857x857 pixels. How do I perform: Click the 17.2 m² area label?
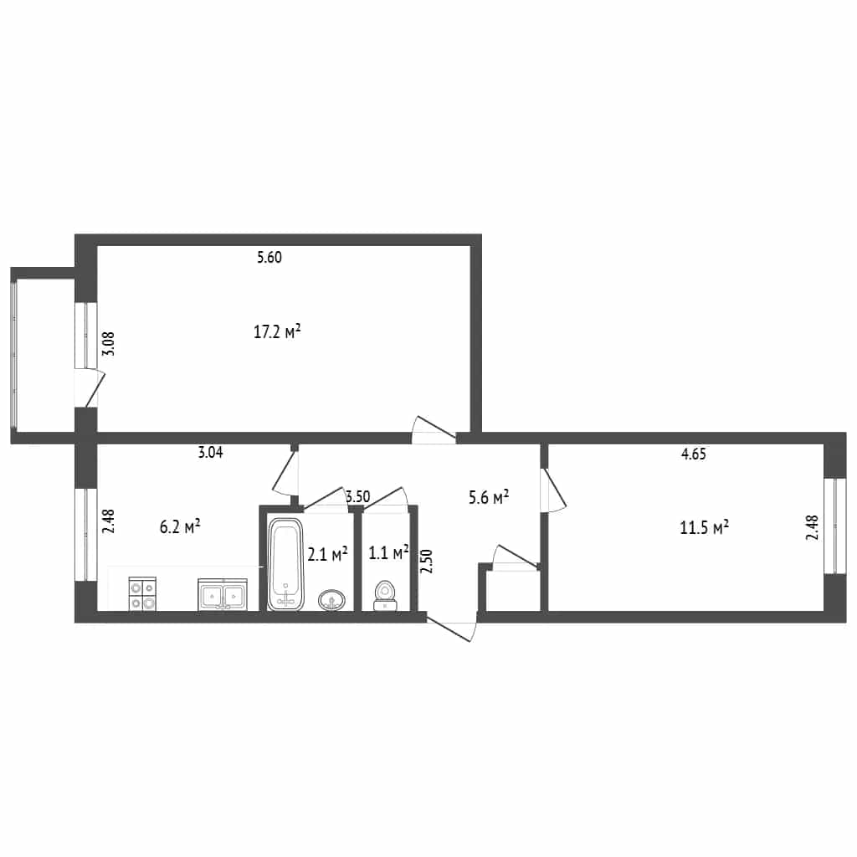click(277, 331)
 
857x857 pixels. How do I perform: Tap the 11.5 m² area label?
click(704, 527)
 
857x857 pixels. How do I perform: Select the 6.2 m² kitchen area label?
click(180, 527)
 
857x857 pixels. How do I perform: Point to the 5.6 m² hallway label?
click(489, 497)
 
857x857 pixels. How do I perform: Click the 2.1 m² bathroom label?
click(327, 554)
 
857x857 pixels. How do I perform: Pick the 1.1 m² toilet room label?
click(388, 552)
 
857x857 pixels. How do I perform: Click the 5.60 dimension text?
click(269, 257)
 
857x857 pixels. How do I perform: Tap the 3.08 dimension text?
click(110, 344)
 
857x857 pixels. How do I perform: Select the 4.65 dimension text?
click(694, 454)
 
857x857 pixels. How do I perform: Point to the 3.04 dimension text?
click(210, 452)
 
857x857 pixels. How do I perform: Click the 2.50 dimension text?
click(427, 561)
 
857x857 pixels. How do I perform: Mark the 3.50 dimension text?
click(358, 497)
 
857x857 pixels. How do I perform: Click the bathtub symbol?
click(285, 564)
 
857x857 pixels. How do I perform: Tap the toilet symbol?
click(386, 596)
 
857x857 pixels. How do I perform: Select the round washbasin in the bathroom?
click(331, 599)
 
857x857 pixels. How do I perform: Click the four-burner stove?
click(142, 593)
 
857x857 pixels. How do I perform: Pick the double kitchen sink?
click(223, 594)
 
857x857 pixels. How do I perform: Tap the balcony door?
click(90, 388)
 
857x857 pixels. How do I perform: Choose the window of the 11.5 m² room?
click(834, 526)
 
